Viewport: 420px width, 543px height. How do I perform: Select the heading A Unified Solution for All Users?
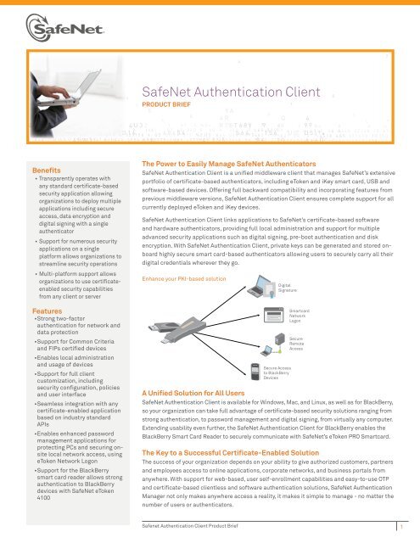(198, 391)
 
